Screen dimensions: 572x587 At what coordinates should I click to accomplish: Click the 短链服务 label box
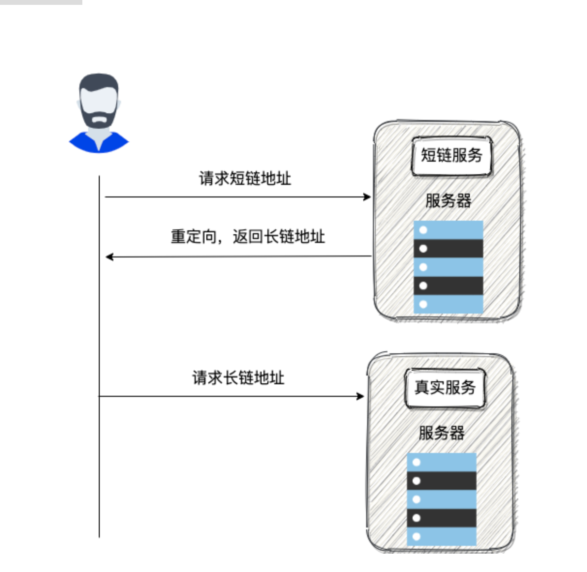coord(451,156)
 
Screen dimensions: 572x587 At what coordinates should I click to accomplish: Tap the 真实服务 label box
coord(445,388)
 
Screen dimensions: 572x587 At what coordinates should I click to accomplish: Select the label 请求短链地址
coord(245,179)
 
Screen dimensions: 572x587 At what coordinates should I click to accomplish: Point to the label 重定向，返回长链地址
coord(247,237)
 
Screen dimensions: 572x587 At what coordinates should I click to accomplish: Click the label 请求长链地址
coord(238,378)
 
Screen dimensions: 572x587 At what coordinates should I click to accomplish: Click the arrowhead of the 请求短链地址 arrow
coord(368,197)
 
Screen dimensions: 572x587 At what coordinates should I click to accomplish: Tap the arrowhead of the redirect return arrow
coord(109,256)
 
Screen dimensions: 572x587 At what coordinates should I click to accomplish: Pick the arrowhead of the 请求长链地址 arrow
coord(360,396)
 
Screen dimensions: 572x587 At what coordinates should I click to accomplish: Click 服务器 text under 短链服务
coord(448,200)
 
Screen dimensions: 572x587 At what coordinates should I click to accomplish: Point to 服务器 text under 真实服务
coord(442,433)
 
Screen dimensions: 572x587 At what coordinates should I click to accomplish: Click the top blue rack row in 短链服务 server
coord(448,230)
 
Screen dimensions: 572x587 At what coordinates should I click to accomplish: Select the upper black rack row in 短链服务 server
coord(448,249)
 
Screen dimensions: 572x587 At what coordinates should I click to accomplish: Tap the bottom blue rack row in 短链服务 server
coord(448,304)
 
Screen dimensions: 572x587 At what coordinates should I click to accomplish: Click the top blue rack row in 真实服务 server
coord(442,462)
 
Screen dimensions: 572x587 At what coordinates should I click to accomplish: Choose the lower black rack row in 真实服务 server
coord(442,518)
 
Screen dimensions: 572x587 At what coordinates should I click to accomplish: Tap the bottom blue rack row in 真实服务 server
coord(442,536)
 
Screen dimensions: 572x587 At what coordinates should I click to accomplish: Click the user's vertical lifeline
coord(99,460)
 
